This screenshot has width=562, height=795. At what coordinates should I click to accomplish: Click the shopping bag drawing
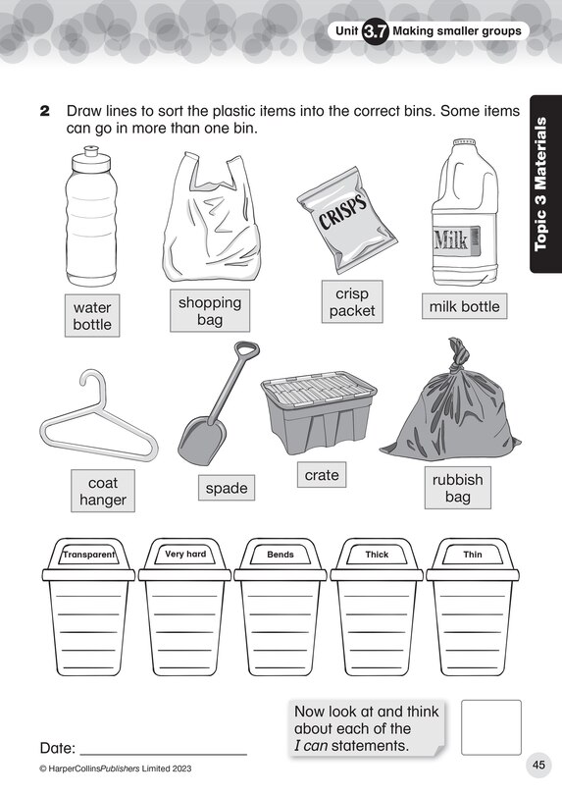coord(209,218)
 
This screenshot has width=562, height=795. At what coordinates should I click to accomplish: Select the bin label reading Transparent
coord(89,555)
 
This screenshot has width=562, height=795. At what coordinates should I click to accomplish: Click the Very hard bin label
coord(185,555)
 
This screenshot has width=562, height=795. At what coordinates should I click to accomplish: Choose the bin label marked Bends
coord(281,555)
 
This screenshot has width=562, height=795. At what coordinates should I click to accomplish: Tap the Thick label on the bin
coord(377,555)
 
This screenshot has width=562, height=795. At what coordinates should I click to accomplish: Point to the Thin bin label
coord(472,555)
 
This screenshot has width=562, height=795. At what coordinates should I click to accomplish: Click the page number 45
coord(538,766)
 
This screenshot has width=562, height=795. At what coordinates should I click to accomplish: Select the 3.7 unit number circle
coord(376,31)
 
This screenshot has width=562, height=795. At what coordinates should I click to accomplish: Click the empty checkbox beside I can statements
coord(490,727)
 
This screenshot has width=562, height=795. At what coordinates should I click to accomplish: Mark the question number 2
coord(44,112)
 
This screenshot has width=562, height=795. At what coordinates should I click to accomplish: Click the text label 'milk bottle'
coord(464,306)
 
